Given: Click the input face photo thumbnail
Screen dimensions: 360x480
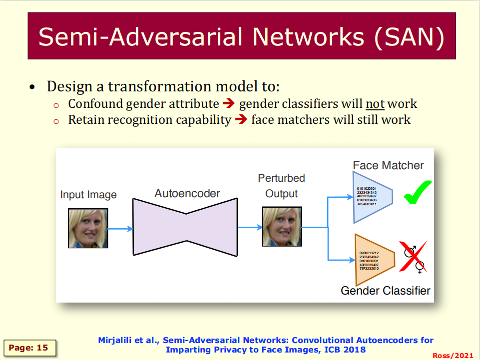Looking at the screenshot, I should [88, 228].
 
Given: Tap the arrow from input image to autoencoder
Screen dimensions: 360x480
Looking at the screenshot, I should [120, 229].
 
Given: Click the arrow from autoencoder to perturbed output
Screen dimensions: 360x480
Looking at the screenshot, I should [250, 227].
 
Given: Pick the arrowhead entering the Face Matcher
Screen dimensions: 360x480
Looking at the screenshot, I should [350, 197].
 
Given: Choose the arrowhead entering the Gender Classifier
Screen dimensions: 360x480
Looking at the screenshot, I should [350, 260].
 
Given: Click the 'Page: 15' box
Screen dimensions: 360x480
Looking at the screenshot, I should [29, 348].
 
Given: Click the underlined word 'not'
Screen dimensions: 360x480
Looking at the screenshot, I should [375, 104].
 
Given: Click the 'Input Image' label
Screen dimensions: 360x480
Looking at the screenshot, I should [88, 195].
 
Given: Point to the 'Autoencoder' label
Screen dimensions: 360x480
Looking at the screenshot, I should [187, 193].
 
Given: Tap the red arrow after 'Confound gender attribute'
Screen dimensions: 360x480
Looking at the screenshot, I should [229, 104].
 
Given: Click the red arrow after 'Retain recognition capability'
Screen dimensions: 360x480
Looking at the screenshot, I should [241, 120].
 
